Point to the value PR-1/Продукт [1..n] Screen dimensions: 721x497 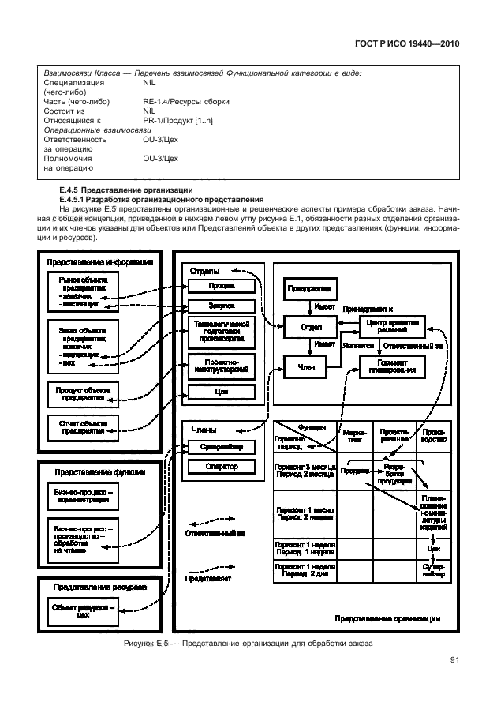[177, 121]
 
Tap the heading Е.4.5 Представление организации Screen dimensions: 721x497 [125, 190]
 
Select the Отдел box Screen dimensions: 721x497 [311, 326]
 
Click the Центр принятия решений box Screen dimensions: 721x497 [392, 326]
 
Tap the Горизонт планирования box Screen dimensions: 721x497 [392, 366]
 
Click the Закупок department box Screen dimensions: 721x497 [222, 306]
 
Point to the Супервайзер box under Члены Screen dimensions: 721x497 [222, 447]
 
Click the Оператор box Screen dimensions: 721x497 [222, 467]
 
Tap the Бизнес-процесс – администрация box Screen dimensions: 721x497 [83, 495]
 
